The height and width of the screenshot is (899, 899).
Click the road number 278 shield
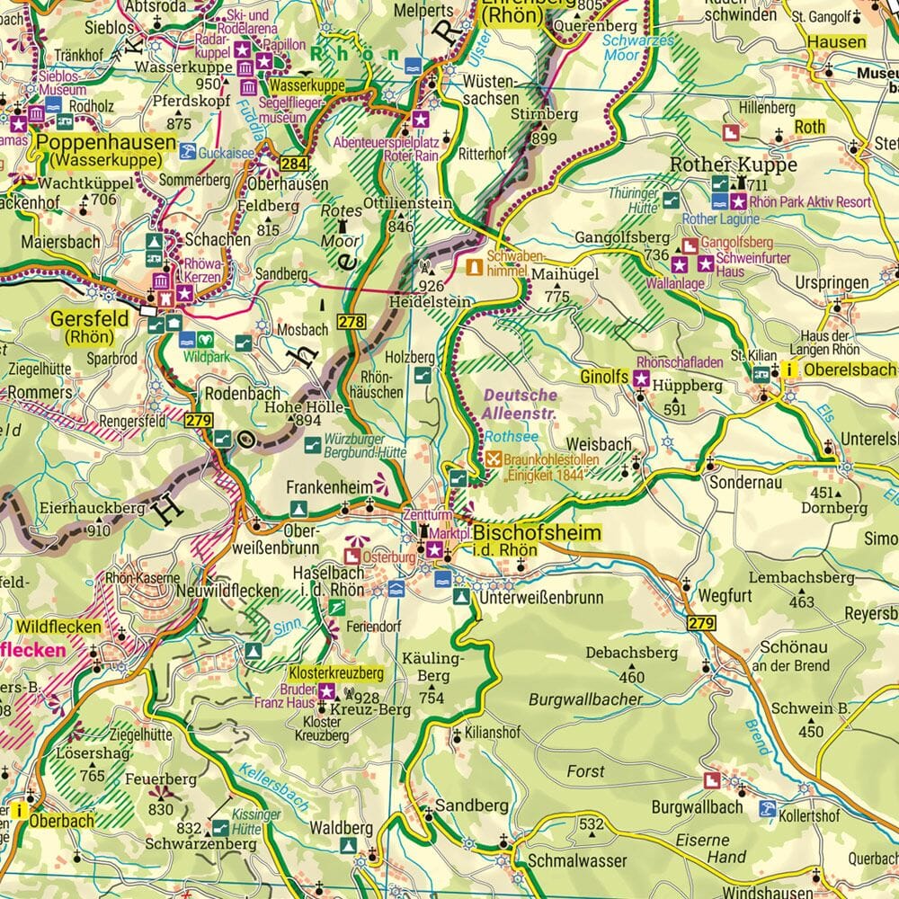[351, 321]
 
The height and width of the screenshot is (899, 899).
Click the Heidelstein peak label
[429, 303]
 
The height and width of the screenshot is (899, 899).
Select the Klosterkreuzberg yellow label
[335, 672]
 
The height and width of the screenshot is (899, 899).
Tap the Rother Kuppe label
[734, 165]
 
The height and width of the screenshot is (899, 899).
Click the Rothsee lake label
[499, 436]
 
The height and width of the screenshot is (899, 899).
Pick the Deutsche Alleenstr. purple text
[521, 403]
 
